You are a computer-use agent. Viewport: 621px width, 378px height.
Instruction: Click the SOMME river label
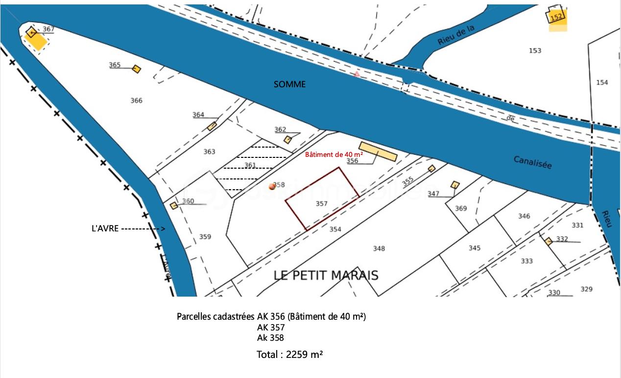point(289,84)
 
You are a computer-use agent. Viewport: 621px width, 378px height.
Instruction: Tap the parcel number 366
point(137,101)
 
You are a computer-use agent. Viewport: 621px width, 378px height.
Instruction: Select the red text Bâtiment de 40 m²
point(334,154)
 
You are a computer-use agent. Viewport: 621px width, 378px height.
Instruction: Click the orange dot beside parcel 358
point(272,186)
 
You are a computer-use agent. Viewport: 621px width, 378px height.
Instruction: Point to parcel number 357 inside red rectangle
point(321,203)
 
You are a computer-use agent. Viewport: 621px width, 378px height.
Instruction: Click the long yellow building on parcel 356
point(378,151)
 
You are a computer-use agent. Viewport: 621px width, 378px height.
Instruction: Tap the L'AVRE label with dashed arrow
point(105,228)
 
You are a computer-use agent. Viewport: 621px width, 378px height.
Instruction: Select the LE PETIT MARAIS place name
point(326,275)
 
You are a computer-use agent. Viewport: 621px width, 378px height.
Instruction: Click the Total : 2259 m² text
point(289,354)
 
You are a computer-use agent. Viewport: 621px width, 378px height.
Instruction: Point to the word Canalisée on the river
point(533,162)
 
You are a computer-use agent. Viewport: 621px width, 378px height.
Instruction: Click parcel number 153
point(535,50)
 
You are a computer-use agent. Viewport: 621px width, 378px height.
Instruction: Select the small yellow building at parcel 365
point(136,69)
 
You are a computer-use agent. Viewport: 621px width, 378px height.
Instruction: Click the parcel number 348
point(379,249)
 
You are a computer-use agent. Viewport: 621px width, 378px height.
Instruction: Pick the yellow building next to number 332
point(549,241)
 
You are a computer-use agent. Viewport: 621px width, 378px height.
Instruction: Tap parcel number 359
point(205,237)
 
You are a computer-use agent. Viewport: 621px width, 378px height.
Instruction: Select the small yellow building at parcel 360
point(173,205)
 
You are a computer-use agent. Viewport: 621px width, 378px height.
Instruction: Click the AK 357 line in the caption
point(271,327)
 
